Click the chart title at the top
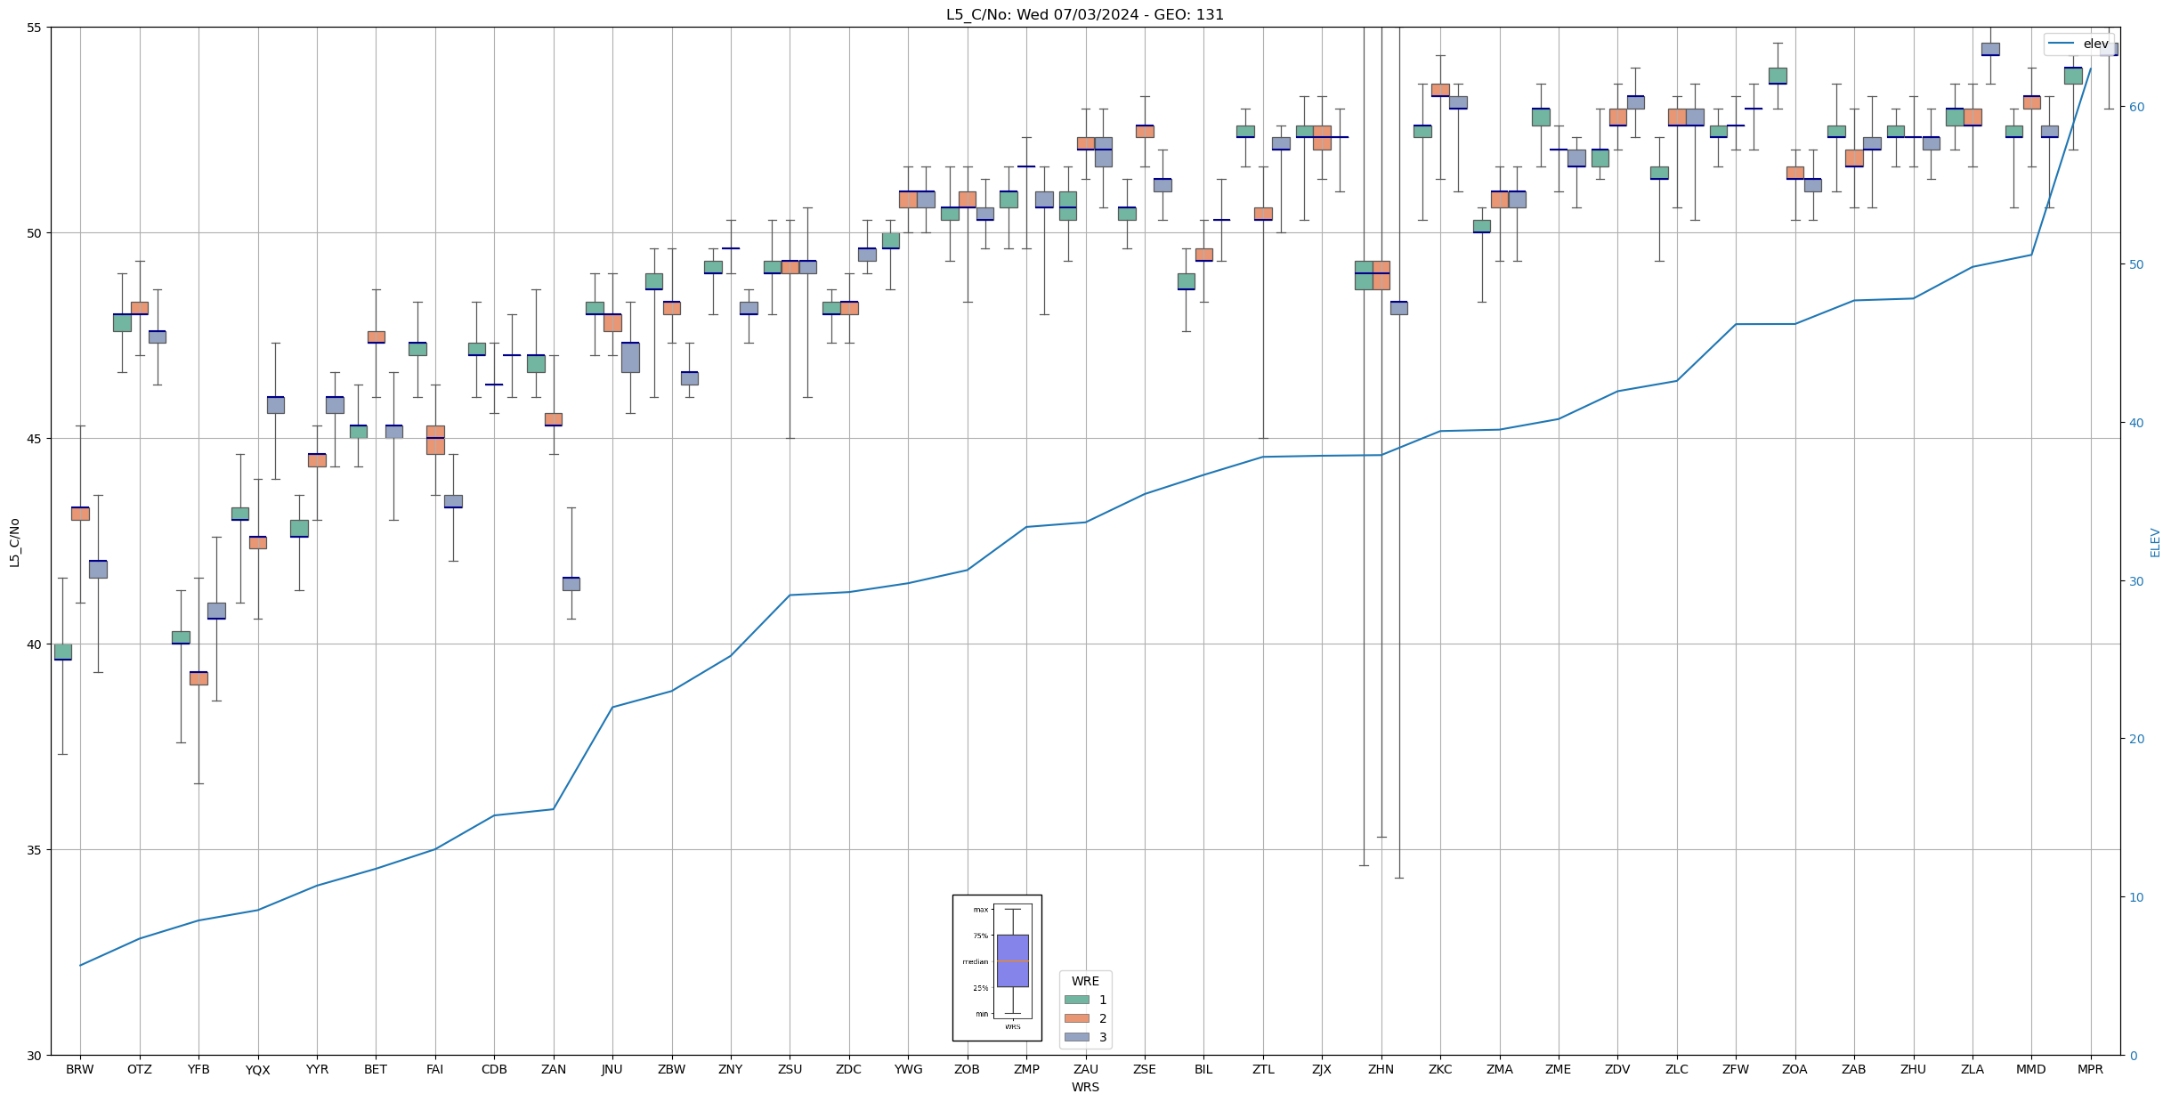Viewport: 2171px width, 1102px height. click(1084, 15)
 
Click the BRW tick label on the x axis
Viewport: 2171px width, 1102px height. click(80, 1069)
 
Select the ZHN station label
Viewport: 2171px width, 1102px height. click(1381, 1069)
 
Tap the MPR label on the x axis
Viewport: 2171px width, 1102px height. click(2090, 1069)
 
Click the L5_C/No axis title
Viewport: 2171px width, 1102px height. click(14, 542)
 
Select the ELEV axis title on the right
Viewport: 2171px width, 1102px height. click(2155, 542)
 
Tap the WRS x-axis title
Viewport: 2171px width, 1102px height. click(1084, 1087)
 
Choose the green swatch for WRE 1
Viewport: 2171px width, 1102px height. click(1076, 1000)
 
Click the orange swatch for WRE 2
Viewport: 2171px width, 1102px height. click(1076, 1018)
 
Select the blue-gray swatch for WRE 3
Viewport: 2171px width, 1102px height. click(1076, 1037)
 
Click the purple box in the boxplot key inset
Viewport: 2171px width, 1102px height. click(1012, 960)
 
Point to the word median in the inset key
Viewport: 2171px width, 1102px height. click(975, 961)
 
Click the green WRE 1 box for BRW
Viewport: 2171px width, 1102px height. click(62, 652)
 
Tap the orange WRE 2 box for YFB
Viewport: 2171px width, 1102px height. click(198, 678)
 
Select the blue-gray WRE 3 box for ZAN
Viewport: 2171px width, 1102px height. click(571, 584)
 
